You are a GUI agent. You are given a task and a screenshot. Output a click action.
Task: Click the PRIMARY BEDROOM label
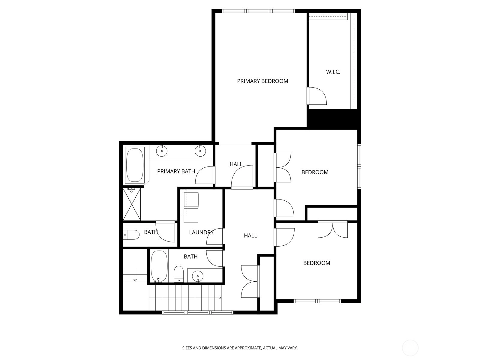(x=262, y=81)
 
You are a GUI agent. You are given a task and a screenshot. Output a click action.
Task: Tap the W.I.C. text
(x=333, y=72)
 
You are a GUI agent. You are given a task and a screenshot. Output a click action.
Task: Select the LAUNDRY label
(x=201, y=232)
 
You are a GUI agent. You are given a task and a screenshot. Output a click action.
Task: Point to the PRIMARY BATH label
(x=176, y=171)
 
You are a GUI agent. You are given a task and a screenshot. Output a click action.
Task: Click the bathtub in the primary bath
(x=135, y=165)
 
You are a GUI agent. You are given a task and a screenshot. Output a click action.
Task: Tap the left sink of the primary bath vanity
(x=162, y=151)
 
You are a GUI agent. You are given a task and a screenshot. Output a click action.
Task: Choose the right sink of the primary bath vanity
(x=200, y=151)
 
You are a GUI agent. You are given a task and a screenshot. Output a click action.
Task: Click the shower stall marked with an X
(x=132, y=204)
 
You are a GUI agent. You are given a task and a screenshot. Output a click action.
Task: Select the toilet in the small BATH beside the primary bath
(x=131, y=235)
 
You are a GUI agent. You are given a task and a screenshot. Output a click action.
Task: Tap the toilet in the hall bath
(x=179, y=274)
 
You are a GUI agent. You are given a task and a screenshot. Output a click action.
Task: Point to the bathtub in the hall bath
(x=159, y=266)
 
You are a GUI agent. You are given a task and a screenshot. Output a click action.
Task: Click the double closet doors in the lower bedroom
(x=333, y=229)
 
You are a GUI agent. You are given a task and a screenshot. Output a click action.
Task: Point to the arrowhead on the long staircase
(x=220, y=298)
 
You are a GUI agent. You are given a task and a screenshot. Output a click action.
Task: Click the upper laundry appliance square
(x=191, y=199)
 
